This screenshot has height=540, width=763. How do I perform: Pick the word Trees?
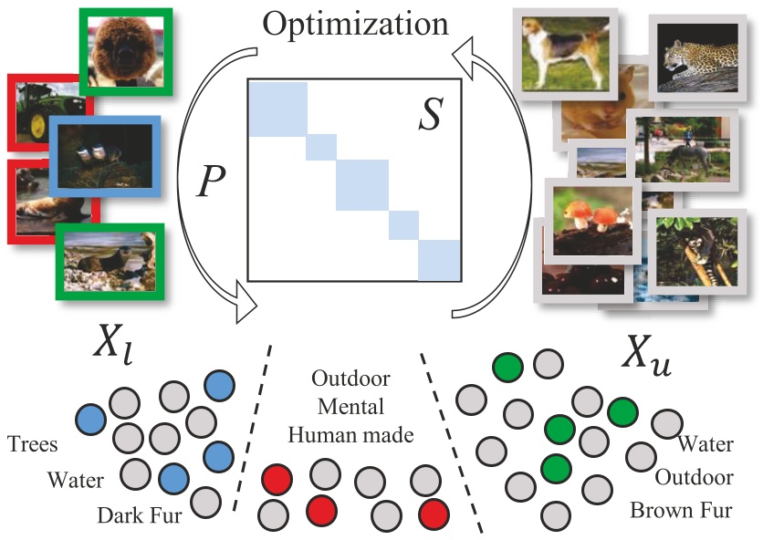click(35, 445)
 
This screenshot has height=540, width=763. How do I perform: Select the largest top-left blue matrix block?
click(277, 108)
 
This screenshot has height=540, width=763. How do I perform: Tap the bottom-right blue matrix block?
click(440, 260)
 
